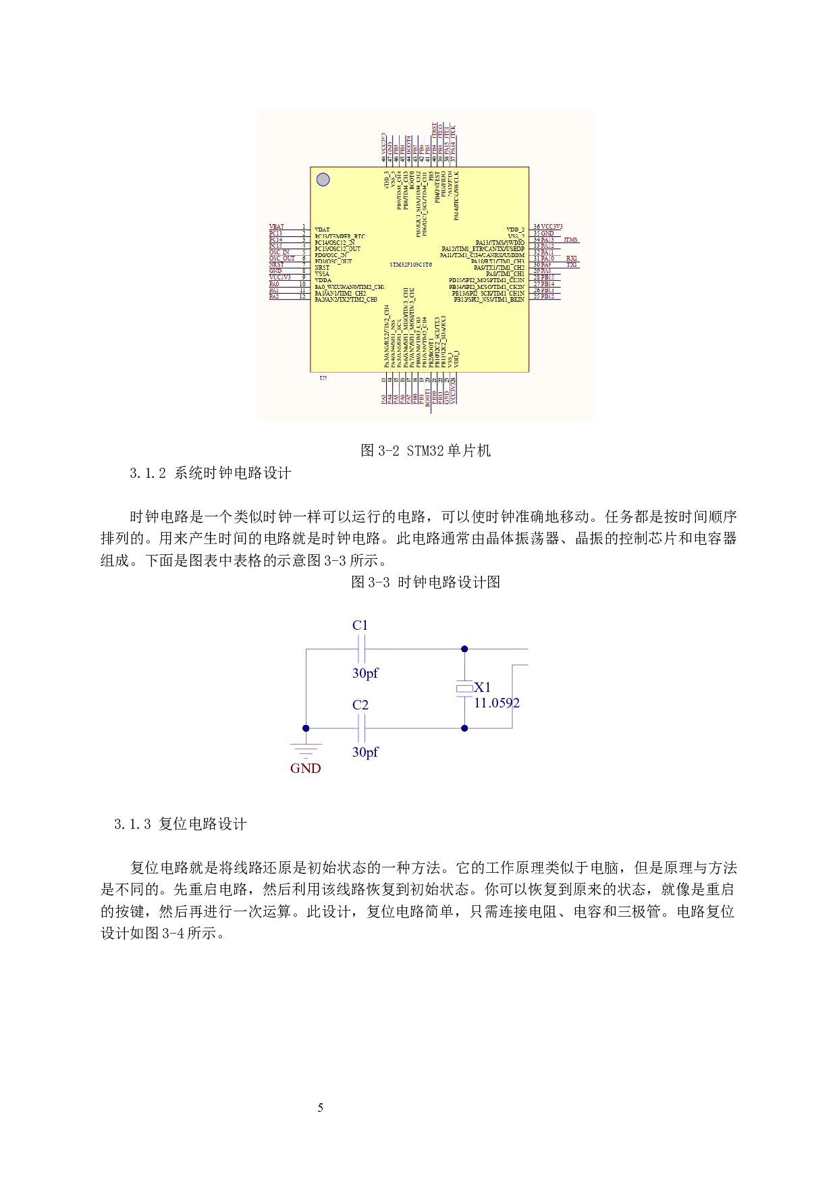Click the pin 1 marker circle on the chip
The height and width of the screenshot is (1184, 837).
click(x=323, y=180)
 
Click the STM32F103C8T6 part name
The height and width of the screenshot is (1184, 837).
click(x=410, y=265)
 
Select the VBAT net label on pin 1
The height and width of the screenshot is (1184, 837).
click(x=277, y=227)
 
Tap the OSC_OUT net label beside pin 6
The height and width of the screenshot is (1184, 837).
click(x=282, y=259)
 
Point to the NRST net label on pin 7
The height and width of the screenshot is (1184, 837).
click(x=277, y=265)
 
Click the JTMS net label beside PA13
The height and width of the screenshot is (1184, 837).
click(x=570, y=240)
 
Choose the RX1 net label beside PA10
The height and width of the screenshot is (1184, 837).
click(x=572, y=259)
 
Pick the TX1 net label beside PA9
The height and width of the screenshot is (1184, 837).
click(x=572, y=265)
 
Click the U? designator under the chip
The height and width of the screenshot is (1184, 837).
click(x=323, y=378)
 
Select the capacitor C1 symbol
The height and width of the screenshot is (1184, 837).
click(x=361, y=649)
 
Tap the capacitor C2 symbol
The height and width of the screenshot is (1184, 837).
click(x=361, y=728)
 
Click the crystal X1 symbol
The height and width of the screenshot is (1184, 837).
click(x=464, y=688)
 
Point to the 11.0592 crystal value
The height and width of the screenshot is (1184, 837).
click(x=497, y=703)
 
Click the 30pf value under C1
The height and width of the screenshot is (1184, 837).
click(x=365, y=673)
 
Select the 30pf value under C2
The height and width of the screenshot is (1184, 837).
click(x=365, y=752)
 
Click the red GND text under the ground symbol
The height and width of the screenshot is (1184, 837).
click(x=306, y=768)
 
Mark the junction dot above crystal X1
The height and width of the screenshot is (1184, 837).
click(x=464, y=649)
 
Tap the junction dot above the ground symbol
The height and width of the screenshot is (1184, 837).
click(x=306, y=728)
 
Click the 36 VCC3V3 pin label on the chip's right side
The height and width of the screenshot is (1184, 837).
click(x=547, y=227)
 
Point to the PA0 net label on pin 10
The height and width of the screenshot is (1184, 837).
click(x=274, y=284)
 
